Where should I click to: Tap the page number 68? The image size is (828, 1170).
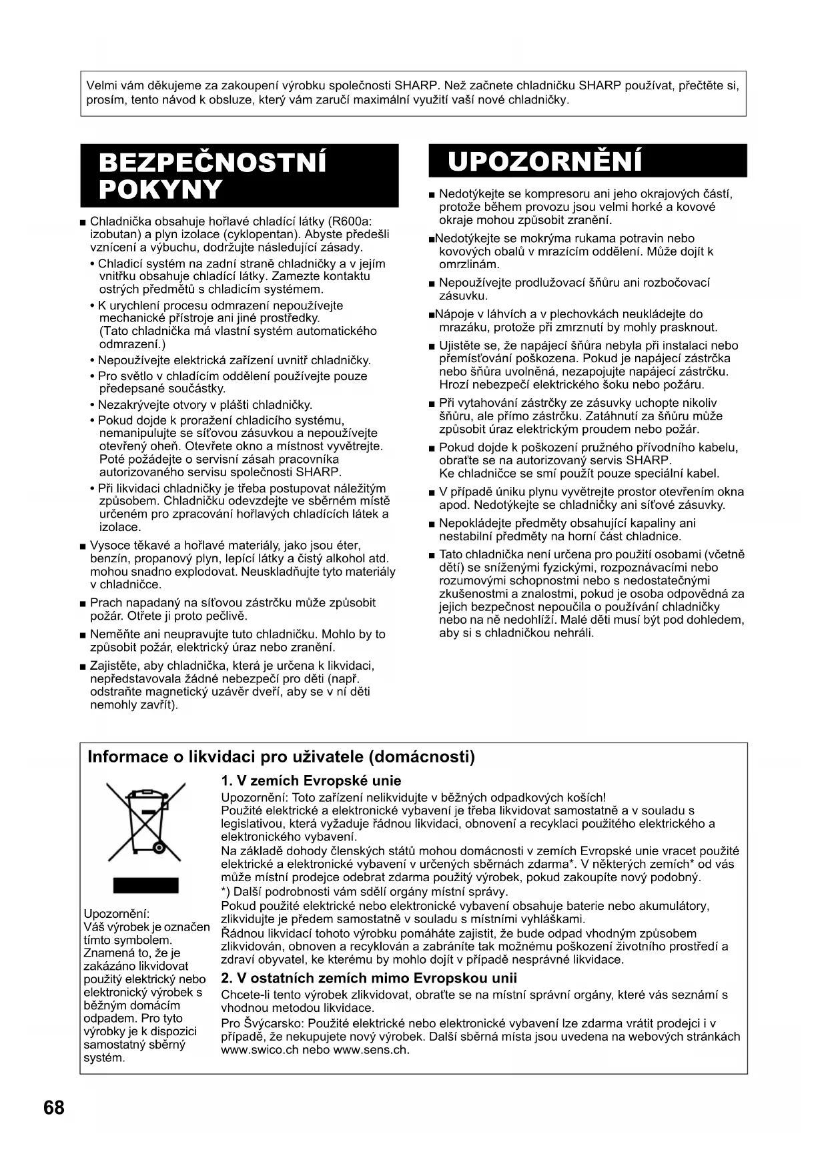[54, 1108]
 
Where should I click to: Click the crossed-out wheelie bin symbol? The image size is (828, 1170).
[145, 822]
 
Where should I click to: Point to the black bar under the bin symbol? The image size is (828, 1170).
[145, 885]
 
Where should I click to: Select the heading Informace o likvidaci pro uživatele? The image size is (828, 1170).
[281, 757]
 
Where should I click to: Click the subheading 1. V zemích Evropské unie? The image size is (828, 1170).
[311, 780]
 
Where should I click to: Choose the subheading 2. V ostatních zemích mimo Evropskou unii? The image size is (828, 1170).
[369, 978]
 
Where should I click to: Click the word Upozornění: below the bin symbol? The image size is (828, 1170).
[117, 913]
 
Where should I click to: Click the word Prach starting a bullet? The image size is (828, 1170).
[105, 603]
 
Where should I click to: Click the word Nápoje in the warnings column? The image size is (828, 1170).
[454, 314]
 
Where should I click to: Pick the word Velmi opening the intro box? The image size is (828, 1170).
[101, 86]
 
